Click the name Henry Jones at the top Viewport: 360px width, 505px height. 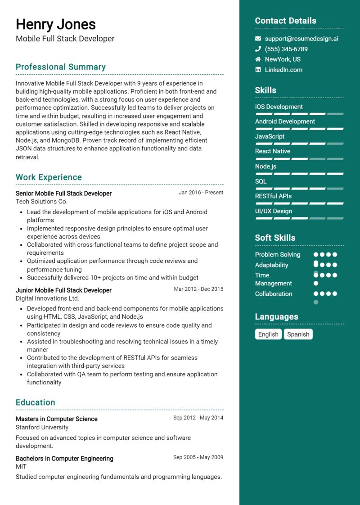(x=56, y=24)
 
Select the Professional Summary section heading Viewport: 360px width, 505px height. (x=61, y=67)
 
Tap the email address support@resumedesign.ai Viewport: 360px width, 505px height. (x=301, y=39)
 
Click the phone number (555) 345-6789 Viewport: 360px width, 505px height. (x=286, y=49)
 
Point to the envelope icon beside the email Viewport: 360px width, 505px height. (x=258, y=39)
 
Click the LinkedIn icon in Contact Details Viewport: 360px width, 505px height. (x=258, y=70)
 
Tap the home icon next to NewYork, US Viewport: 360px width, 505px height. (x=258, y=59)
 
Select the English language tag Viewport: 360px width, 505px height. (x=268, y=334)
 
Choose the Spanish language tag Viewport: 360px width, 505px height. (x=298, y=334)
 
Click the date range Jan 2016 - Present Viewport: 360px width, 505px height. (x=201, y=193)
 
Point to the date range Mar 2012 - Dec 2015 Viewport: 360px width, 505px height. (x=198, y=289)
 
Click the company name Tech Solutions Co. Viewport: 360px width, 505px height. (x=41, y=201)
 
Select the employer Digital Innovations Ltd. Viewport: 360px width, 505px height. (x=47, y=298)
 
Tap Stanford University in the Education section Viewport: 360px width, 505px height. (x=42, y=427)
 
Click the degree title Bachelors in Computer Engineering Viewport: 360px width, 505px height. (x=64, y=459)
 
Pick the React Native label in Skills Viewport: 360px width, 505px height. (x=272, y=151)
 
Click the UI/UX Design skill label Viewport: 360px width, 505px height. (x=273, y=211)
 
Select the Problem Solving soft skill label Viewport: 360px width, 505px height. (x=277, y=255)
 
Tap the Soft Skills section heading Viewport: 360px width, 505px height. (x=275, y=238)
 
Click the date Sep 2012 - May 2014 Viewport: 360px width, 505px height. (x=198, y=418)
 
